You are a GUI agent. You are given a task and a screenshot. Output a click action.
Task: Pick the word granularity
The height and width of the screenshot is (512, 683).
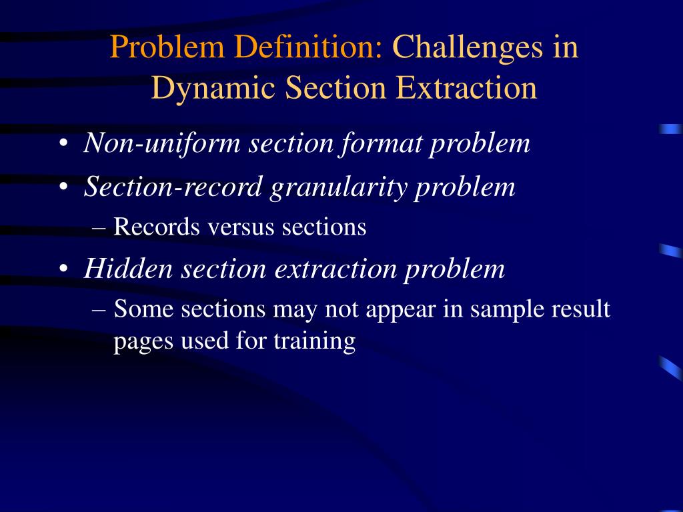pos(338,187)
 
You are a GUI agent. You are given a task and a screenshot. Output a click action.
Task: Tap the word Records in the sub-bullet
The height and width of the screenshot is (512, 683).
pos(157,227)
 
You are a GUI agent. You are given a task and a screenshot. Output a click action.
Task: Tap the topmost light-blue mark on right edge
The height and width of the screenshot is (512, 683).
pos(670,129)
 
